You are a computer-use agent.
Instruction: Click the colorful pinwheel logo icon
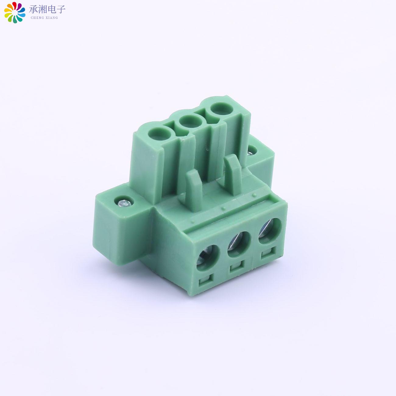15,12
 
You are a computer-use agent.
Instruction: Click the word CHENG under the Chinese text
37,18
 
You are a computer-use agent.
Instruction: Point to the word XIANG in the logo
51,18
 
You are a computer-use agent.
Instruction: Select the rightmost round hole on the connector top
220,108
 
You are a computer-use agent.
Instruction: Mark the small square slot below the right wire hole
266,253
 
